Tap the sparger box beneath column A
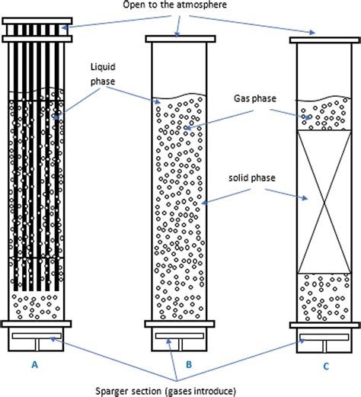pyautogui.click(x=37, y=340)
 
